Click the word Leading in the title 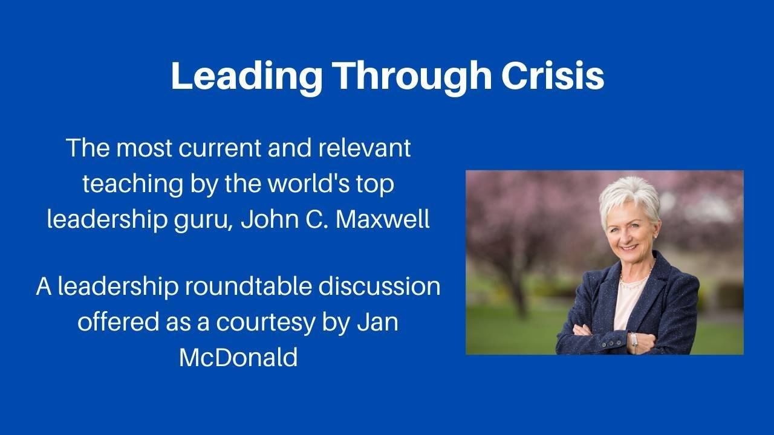click(x=247, y=77)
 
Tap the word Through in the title click(x=412, y=77)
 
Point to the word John click(x=270, y=219)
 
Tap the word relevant click(x=364, y=148)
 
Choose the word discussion click(x=379, y=286)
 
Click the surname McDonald click(x=238, y=357)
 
